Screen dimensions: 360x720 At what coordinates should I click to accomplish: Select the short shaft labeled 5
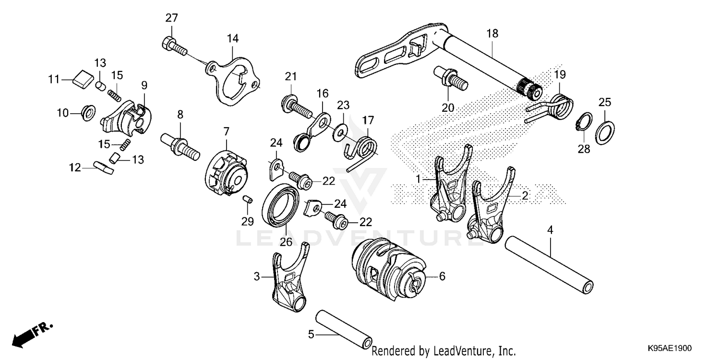[x=344, y=331]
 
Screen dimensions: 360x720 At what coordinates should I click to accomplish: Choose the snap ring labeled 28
[x=583, y=123]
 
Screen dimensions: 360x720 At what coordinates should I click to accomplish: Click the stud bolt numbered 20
[x=448, y=78]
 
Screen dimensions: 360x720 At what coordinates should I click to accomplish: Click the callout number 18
[x=492, y=34]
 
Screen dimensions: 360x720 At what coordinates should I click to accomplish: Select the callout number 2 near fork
[x=525, y=196]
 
